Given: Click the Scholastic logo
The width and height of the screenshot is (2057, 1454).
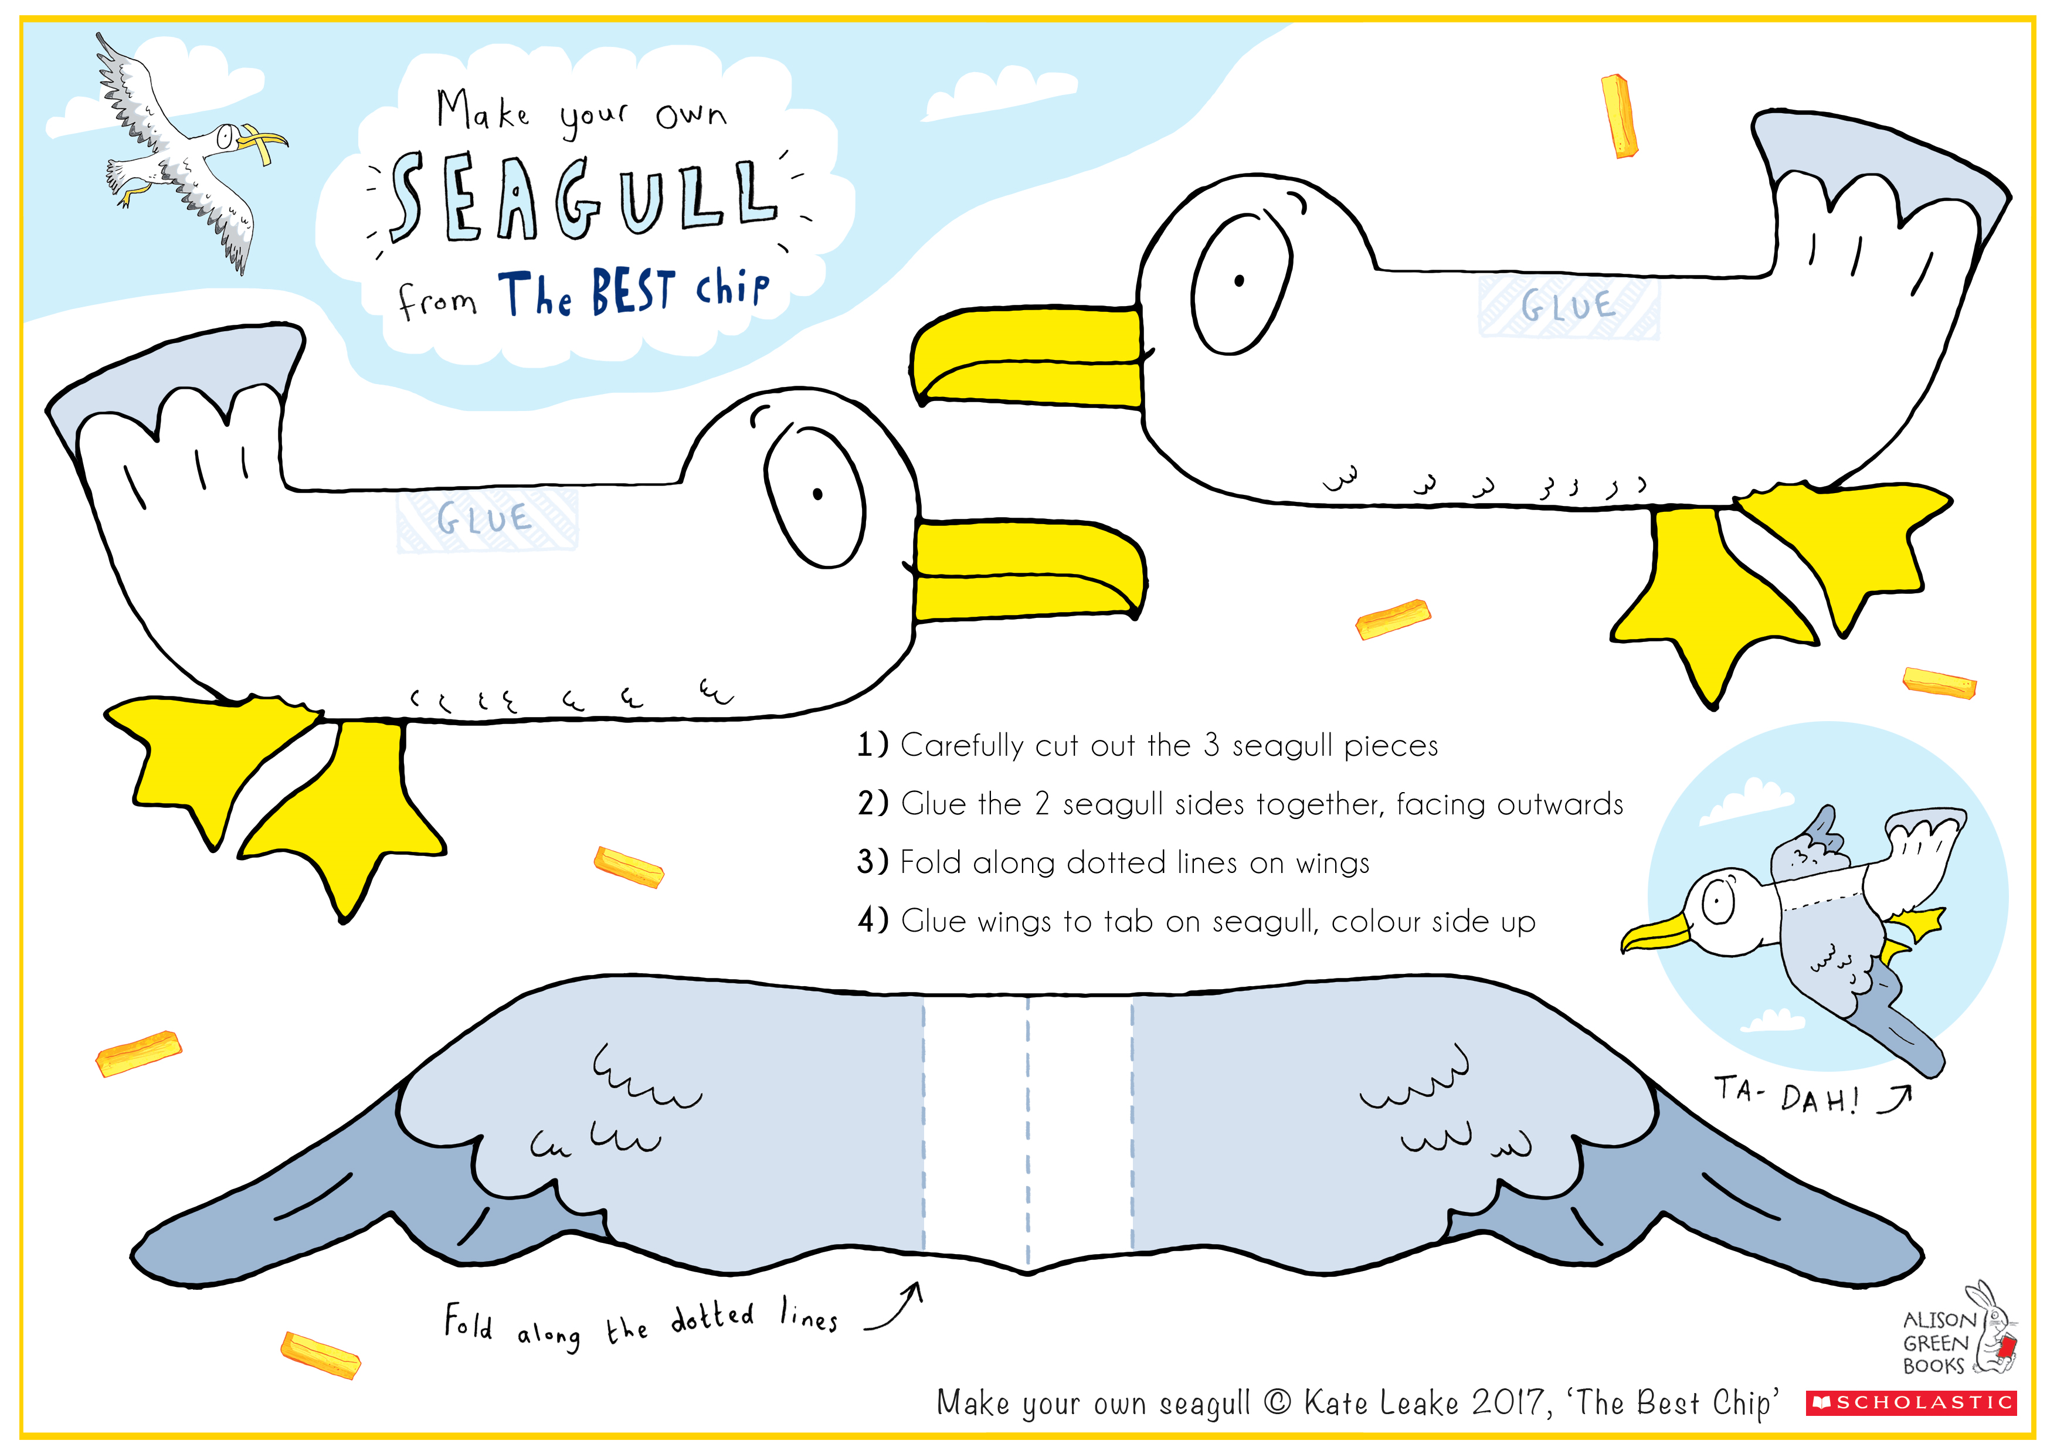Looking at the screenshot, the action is (x=1912, y=1402).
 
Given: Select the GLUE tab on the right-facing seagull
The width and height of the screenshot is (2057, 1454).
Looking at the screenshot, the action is (x=487, y=519).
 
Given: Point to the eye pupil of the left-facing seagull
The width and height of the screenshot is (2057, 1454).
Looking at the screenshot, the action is (x=1239, y=280).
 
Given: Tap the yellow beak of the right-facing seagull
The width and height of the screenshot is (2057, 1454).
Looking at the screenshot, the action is (x=1030, y=570).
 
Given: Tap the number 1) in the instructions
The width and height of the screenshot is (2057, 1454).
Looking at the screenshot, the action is (x=872, y=745).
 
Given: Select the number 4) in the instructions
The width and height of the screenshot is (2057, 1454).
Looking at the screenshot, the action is (x=873, y=920).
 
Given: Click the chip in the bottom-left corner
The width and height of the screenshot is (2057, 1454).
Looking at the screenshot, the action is (x=321, y=1354).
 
